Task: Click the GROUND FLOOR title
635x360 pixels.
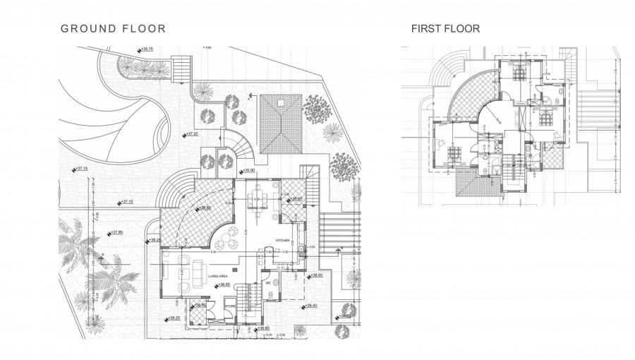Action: [113, 29]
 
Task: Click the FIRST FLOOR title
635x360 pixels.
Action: [445, 29]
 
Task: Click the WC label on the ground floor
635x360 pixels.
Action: [268, 283]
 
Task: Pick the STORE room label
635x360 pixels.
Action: [229, 306]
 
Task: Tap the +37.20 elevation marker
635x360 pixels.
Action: [190, 133]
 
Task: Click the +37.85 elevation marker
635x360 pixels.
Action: [114, 232]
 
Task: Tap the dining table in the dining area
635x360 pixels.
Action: [259, 195]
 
